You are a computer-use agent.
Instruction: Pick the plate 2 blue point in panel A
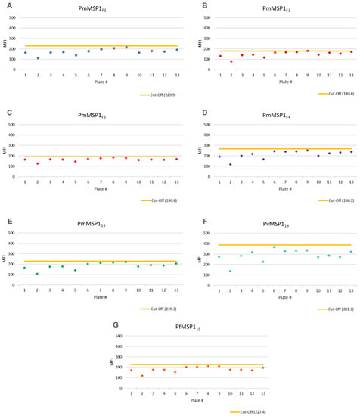tap(38, 58)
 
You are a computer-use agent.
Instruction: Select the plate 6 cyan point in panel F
tap(275, 247)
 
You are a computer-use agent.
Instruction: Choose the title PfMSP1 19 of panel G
tap(181, 327)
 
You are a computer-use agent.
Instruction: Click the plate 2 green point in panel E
tap(38, 274)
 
